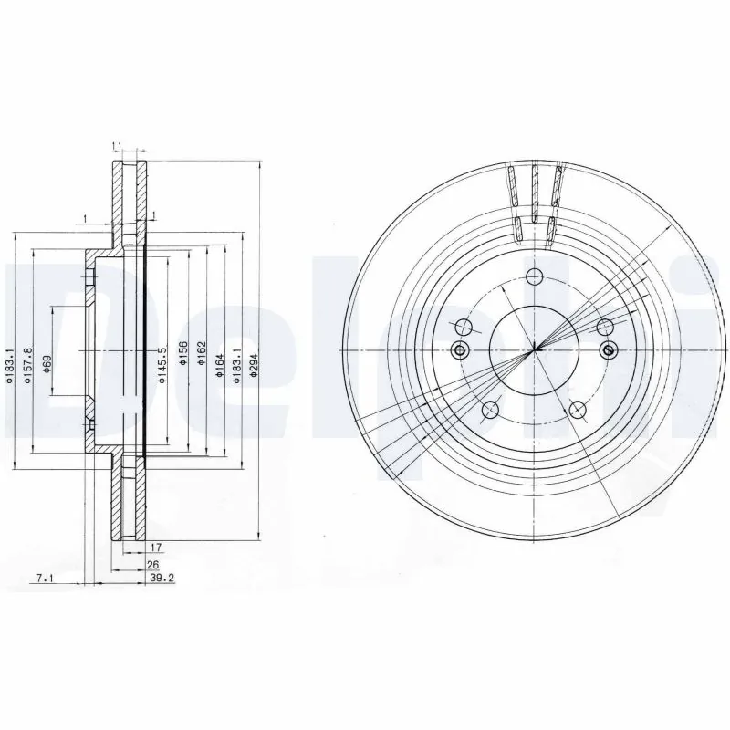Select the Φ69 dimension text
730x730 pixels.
(47, 363)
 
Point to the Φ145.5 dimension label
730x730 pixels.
(161, 362)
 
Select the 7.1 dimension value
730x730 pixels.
(46, 578)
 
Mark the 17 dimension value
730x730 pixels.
(155, 548)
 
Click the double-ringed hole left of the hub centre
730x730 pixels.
(459, 350)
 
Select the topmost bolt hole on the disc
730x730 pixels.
(464, 327)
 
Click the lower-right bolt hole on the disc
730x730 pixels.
(578, 410)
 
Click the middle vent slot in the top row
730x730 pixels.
(535, 188)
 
